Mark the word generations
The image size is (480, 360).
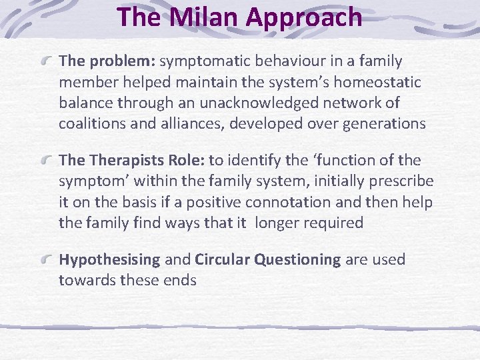pos(383,124)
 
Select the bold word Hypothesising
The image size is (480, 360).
pos(109,260)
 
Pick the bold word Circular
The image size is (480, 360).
pos(223,259)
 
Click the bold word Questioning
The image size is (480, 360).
pos(297,260)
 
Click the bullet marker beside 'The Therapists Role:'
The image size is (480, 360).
pos(46,161)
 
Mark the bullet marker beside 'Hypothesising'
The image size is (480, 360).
pos(46,259)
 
